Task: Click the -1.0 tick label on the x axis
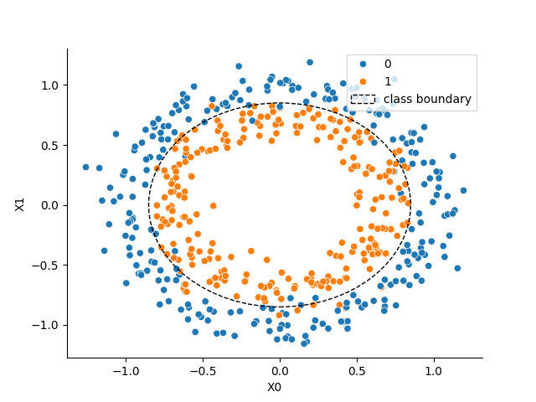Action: tap(125, 370)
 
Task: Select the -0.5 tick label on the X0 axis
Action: tap(202, 370)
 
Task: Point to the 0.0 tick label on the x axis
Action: tap(280, 370)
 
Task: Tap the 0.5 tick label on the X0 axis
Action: tap(357, 370)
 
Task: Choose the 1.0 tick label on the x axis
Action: tap(434, 370)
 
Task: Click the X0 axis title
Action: tap(275, 386)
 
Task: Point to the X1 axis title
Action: tap(20, 204)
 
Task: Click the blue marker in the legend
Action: tap(363, 64)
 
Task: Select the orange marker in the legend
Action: tap(363, 81)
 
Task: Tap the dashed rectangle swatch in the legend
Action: tap(363, 99)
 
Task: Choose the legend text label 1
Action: tap(387, 81)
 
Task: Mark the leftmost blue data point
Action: tap(85, 167)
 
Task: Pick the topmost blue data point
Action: tap(309, 62)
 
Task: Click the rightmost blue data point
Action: tap(463, 190)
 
